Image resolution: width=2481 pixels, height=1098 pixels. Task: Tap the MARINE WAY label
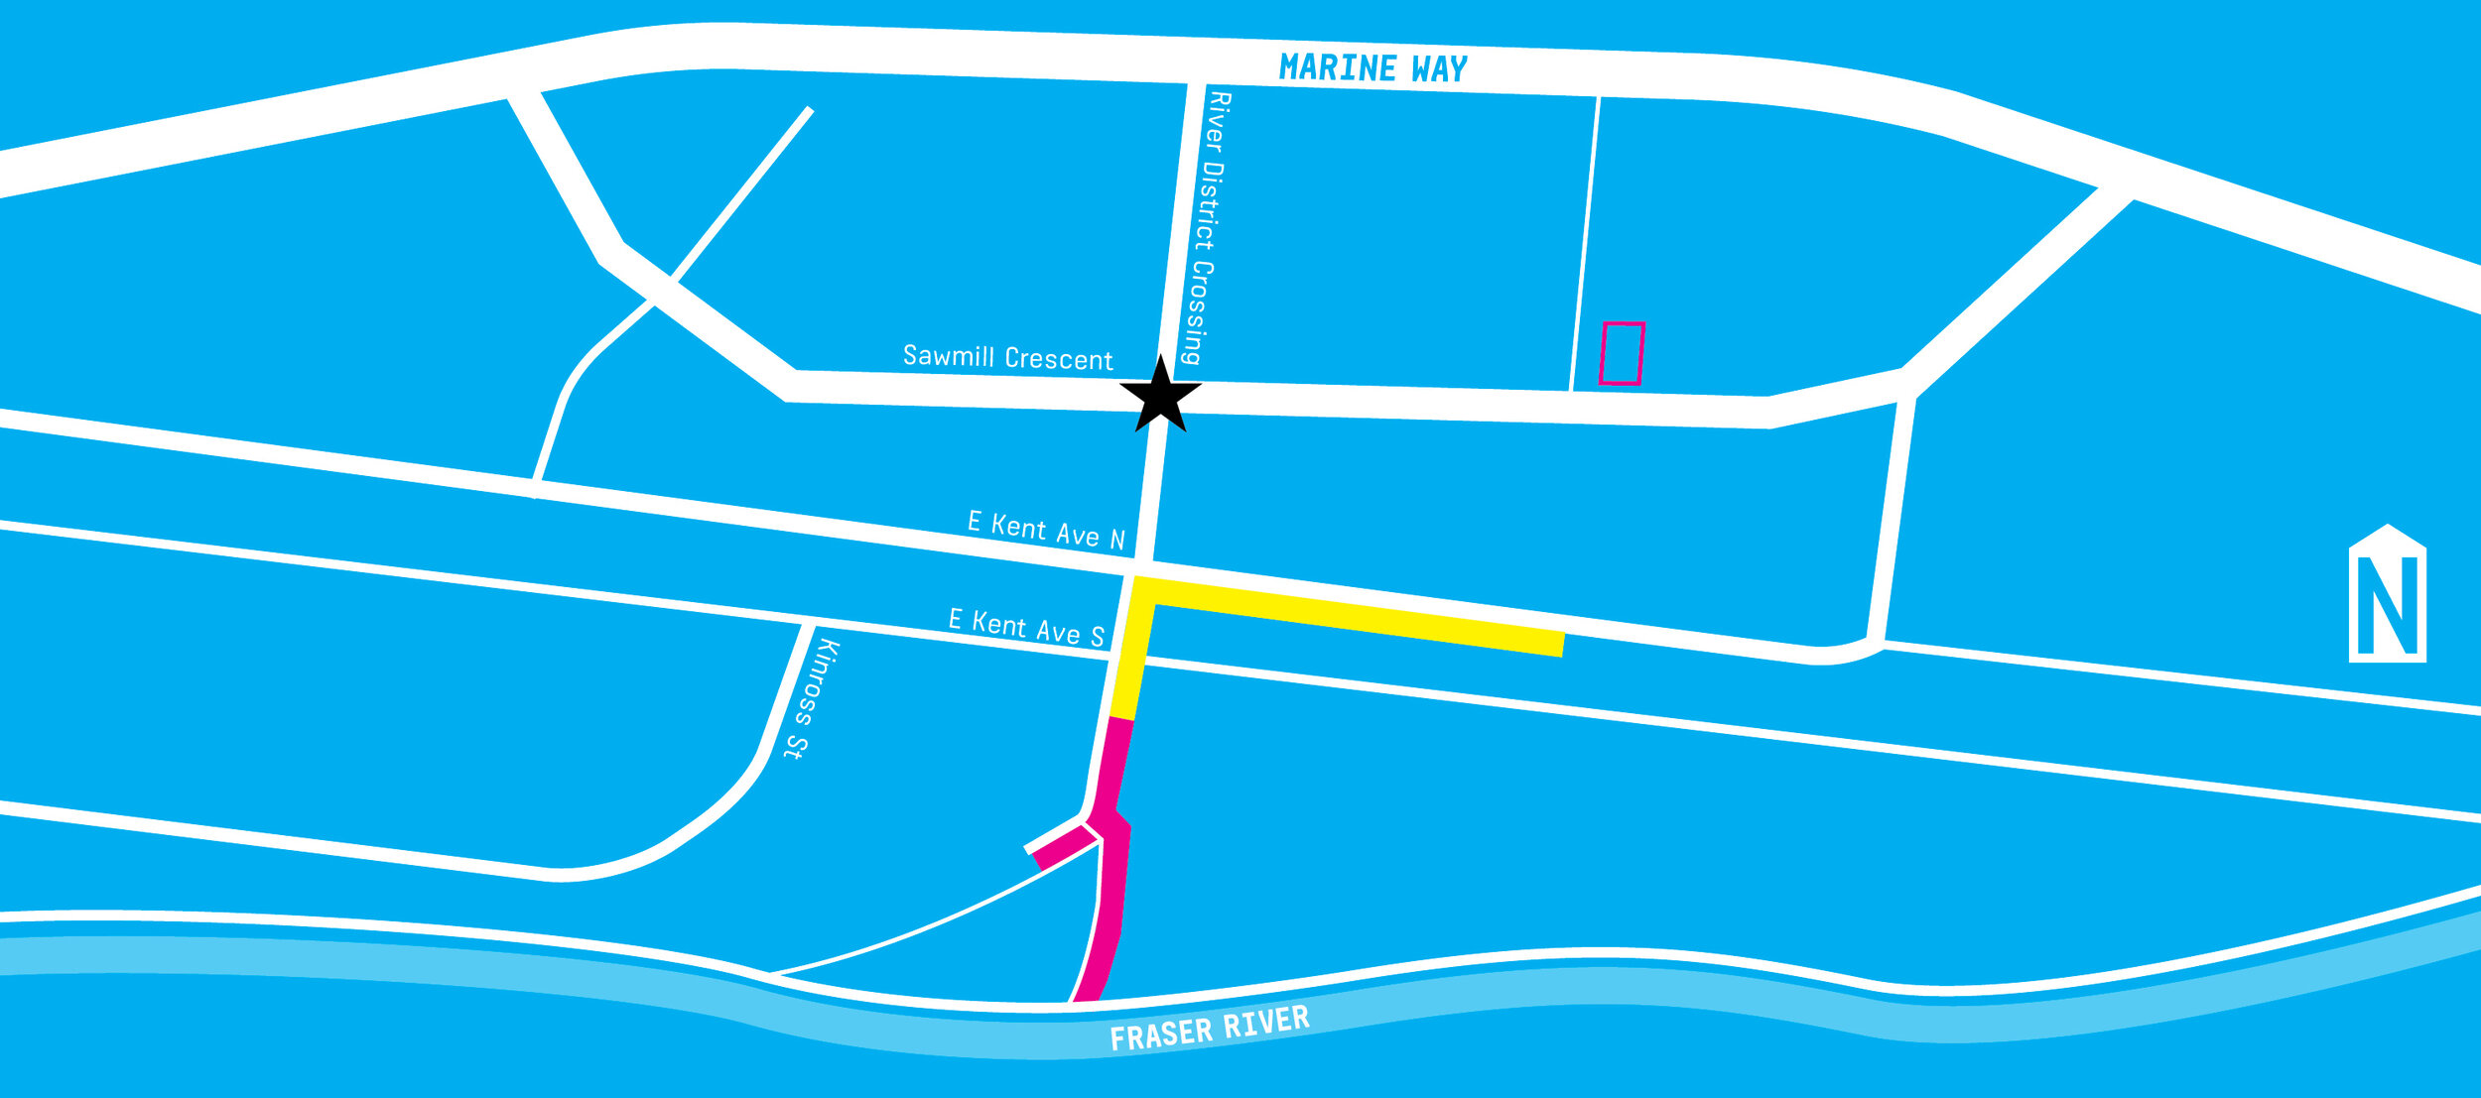click(1372, 68)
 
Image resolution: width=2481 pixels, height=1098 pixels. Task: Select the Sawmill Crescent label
click(1007, 357)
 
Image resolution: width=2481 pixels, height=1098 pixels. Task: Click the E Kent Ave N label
click(1046, 531)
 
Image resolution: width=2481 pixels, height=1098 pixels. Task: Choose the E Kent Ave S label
click(1026, 628)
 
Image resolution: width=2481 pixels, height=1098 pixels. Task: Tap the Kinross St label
click(812, 699)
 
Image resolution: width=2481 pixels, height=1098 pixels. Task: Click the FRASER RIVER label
click(1210, 1029)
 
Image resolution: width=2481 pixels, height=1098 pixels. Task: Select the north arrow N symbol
click(2387, 595)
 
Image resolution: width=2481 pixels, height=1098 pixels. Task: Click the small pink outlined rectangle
click(1622, 353)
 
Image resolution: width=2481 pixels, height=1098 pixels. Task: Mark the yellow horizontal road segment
click(1360, 618)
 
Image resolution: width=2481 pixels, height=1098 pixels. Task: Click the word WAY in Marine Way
click(1439, 69)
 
